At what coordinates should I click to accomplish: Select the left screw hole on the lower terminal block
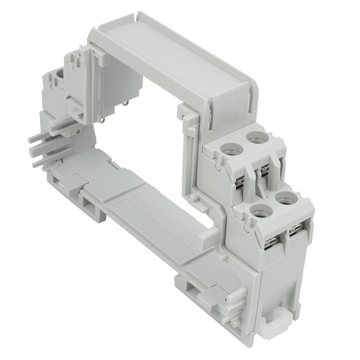(x=260, y=211)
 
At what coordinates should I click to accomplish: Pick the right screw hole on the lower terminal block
(x=286, y=199)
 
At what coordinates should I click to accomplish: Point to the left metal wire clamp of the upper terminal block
(x=240, y=181)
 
